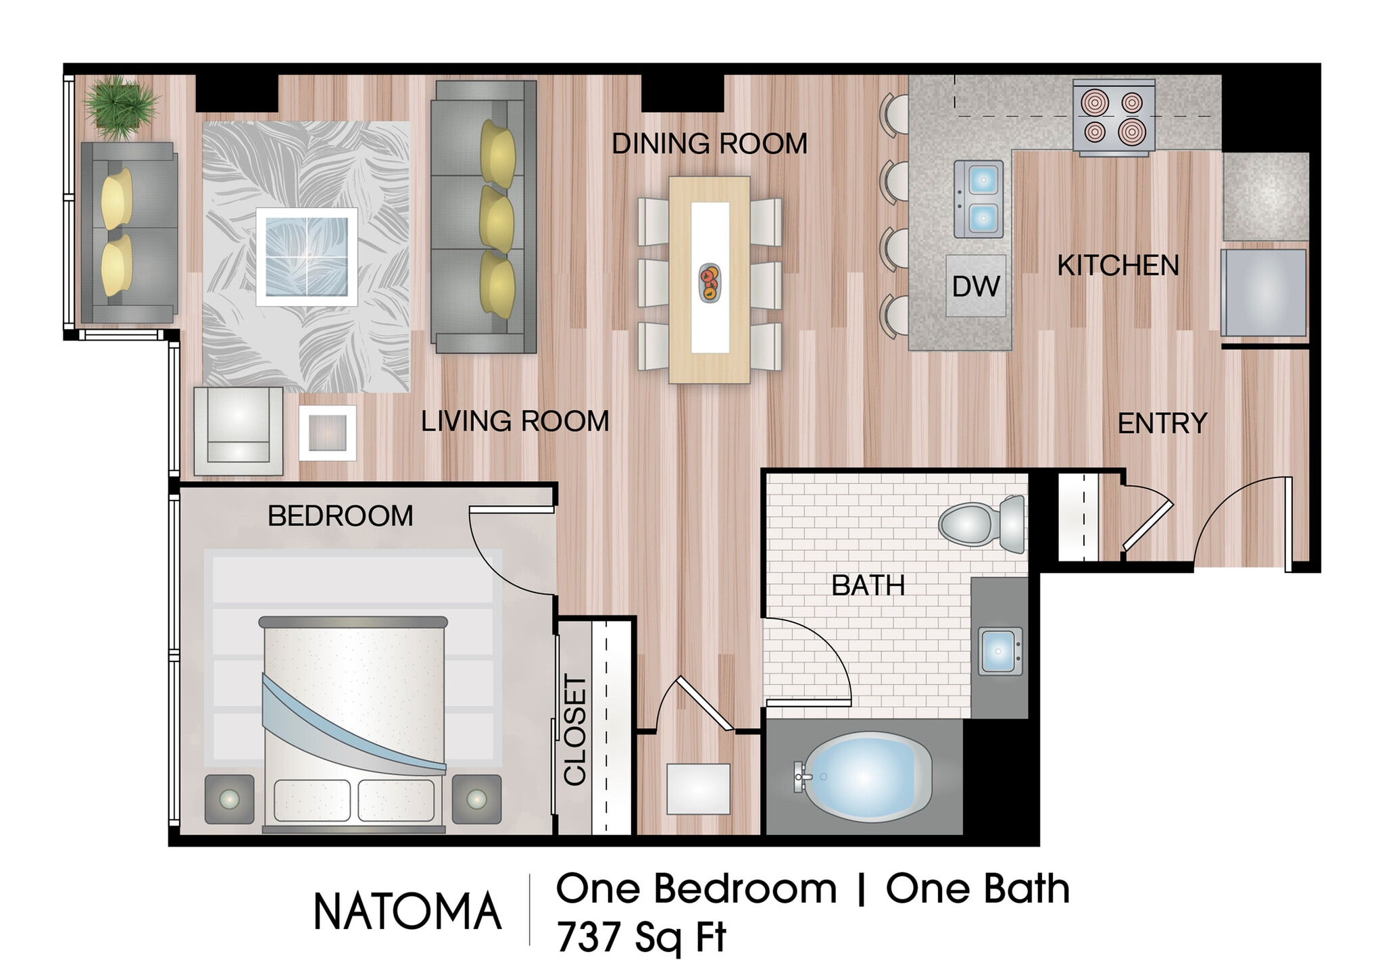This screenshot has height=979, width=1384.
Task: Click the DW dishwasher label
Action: click(975, 286)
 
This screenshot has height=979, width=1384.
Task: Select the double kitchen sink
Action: click(978, 199)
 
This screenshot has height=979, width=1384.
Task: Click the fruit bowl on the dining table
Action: click(710, 282)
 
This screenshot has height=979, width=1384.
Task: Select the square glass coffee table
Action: click(307, 257)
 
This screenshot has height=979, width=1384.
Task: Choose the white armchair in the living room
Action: click(238, 431)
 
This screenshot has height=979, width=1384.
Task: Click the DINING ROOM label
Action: click(710, 144)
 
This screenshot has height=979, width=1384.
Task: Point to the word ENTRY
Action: click(1162, 424)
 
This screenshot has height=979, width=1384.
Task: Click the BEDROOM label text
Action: click(340, 516)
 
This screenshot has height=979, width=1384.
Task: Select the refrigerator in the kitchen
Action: click(1263, 293)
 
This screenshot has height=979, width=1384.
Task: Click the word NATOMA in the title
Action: click(407, 911)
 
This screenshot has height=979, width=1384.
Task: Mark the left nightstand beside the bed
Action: click(230, 799)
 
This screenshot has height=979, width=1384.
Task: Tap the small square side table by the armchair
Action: click(328, 432)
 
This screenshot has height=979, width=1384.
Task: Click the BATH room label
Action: click(868, 585)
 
